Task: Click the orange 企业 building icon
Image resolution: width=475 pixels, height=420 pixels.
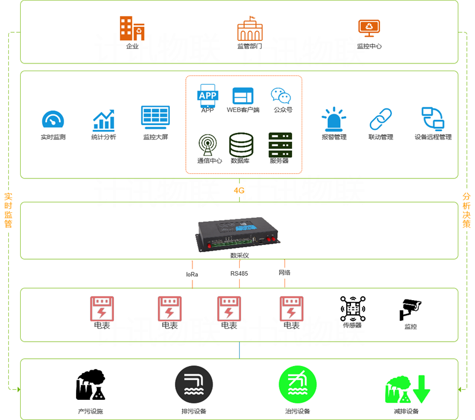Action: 132,28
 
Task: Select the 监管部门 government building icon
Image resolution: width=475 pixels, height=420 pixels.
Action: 249,28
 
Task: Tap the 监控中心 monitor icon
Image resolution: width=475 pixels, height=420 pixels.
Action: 369,28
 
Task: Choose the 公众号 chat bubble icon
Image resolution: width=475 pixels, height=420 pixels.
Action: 281,96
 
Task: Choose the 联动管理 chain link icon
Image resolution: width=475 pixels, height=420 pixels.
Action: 381,119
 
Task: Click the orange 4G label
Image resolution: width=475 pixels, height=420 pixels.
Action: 239,190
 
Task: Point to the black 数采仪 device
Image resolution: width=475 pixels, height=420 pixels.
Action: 239,234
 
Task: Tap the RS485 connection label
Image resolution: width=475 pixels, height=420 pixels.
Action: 239,273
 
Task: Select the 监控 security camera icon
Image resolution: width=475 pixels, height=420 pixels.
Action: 410,309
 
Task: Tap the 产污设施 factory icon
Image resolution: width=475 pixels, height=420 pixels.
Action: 91,384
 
